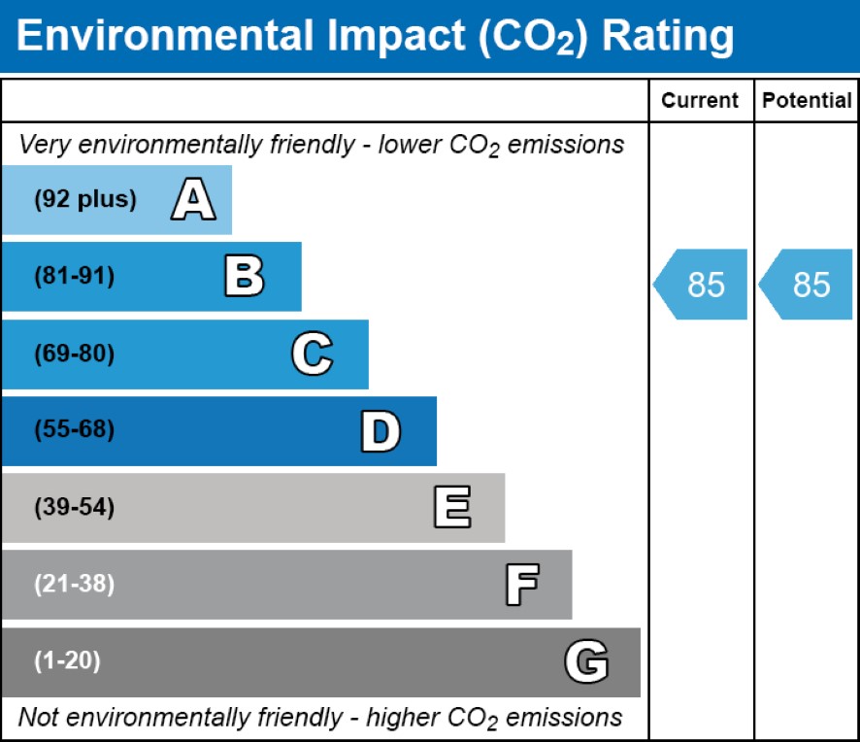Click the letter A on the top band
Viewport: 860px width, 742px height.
point(193,200)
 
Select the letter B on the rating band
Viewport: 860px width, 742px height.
point(244,277)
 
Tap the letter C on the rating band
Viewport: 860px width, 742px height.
point(312,354)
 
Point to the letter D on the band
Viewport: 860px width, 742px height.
point(380,431)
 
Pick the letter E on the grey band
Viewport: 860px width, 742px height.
point(451,508)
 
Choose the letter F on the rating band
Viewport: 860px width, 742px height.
point(521,585)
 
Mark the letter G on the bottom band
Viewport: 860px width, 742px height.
point(586,662)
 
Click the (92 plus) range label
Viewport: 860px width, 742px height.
point(85,200)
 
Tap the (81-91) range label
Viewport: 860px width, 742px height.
point(74,277)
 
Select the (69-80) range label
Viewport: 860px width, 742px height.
point(74,354)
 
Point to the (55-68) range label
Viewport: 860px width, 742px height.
point(74,431)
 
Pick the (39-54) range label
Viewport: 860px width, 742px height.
point(74,508)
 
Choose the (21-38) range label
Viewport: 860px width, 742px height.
point(74,585)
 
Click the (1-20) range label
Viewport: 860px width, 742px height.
point(67,662)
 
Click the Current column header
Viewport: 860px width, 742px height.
point(700,101)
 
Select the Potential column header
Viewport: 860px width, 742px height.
point(807,101)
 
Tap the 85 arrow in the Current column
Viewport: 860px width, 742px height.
point(701,285)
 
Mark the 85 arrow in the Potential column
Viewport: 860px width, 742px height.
point(807,285)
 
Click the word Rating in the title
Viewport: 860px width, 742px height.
point(667,37)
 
